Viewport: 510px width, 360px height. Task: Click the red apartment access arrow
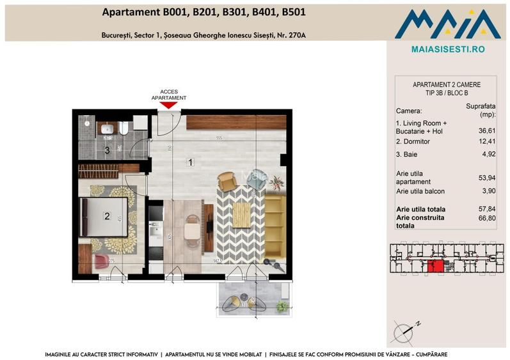168,105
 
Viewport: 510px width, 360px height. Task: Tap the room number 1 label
190,162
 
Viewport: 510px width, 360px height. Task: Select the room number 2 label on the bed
108,216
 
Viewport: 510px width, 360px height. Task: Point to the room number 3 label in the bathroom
108,151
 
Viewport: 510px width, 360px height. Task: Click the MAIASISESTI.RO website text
447,49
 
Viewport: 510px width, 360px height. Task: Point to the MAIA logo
447,23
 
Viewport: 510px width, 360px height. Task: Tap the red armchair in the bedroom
101,261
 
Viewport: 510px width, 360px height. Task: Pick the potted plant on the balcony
280,307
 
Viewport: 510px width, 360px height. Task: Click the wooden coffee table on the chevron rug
240,214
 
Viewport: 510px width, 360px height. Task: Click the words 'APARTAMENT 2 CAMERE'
447,84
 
